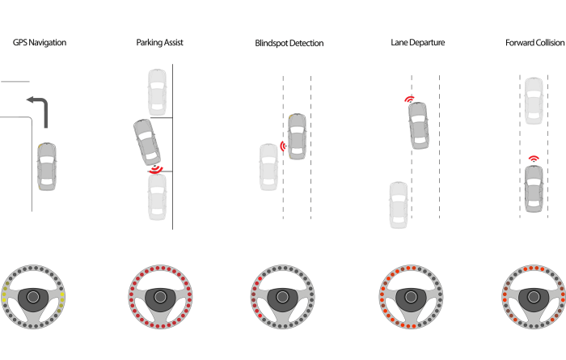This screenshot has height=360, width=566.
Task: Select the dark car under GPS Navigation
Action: click(x=48, y=166)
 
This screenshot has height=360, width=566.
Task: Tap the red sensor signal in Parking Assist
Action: click(x=154, y=170)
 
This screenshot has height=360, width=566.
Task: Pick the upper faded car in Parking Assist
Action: click(x=157, y=91)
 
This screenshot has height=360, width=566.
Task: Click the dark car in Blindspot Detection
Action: click(x=298, y=135)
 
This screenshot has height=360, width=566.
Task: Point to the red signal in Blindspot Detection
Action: click(x=283, y=146)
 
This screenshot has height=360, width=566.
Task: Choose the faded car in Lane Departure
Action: click(x=398, y=204)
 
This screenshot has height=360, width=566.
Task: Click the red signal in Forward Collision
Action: click(x=534, y=159)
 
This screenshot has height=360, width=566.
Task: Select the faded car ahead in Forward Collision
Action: click(x=534, y=100)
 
